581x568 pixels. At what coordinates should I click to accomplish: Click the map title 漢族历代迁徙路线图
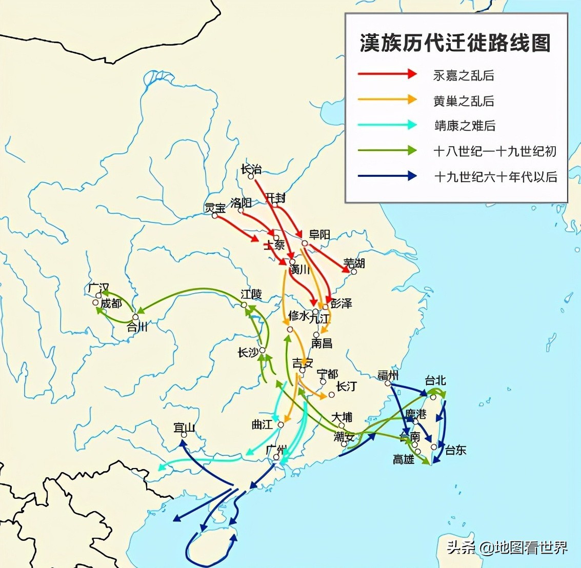click(455, 43)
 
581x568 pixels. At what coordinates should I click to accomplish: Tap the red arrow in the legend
click(387, 74)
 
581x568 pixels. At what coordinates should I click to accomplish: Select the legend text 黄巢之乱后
click(464, 100)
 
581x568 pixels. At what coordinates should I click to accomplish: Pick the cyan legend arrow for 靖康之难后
click(387, 125)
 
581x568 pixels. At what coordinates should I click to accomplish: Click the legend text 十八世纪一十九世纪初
click(494, 151)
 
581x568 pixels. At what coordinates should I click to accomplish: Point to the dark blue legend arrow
click(387, 176)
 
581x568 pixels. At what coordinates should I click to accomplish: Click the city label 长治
click(251, 168)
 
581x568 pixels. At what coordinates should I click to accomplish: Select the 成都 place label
click(111, 303)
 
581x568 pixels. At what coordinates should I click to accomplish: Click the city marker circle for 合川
click(135, 317)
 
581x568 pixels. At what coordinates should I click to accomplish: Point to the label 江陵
click(251, 294)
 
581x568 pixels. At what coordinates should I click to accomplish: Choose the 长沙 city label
click(248, 353)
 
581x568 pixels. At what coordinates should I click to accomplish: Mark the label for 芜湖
click(354, 263)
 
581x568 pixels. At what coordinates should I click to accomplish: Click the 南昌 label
click(322, 343)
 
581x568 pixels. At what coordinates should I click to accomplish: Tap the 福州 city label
click(388, 375)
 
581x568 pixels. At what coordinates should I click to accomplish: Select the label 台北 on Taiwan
click(435, 380)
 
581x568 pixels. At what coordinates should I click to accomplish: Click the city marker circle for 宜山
click(184, 435)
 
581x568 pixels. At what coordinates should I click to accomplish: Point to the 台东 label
click(455, 450)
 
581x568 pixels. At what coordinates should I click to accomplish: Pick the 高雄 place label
click(404, 459)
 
